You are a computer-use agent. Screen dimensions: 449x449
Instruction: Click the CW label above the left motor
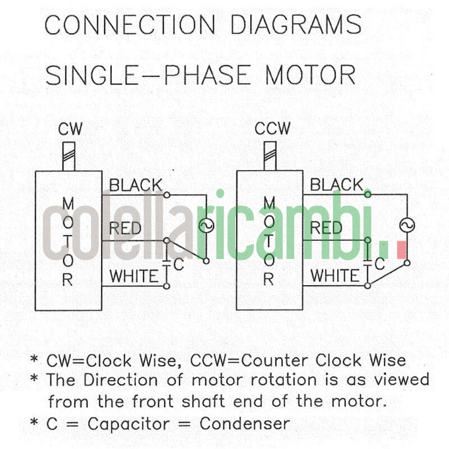pos(70,130)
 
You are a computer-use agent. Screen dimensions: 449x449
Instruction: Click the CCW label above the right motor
pos(273,129)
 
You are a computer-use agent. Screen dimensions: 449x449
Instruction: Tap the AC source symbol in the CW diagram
pos(206,226)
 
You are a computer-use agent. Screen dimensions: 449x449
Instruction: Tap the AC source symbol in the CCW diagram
pos(407,226)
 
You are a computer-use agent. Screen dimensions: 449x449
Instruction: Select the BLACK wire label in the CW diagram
pos(135,185)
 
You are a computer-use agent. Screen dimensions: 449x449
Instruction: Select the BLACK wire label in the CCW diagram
pos(336,185)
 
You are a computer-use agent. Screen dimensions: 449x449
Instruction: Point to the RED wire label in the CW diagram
pos(125,228)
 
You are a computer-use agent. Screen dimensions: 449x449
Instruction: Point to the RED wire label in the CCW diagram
pos(326,228)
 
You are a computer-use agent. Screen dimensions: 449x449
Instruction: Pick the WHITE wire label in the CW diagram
pos(134,276)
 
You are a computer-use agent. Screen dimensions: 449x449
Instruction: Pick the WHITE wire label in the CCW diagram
pos(335,276)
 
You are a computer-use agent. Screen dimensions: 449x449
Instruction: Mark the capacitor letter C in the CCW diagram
pos(380,264)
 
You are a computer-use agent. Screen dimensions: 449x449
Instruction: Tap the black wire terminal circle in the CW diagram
pos(167,194)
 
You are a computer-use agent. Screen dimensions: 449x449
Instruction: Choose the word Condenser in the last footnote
pos(248,423)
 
